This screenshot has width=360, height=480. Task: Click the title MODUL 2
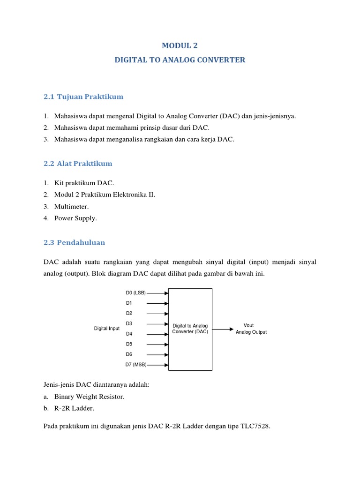(180, 45)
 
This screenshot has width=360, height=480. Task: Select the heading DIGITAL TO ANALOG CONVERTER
(180, 60)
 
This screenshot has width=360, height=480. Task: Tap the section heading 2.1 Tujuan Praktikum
(83, 97)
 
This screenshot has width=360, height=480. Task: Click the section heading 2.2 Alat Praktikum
(77, 164)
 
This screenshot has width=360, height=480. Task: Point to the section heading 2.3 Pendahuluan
(74, 242)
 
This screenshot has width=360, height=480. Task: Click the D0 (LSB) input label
(136, 293)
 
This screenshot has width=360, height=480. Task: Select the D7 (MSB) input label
(136, 365)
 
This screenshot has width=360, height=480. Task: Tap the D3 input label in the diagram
(129, 323)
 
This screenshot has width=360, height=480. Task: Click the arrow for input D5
(157, 345)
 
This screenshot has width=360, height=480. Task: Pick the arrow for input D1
(157, 303)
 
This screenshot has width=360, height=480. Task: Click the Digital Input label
(107, 329)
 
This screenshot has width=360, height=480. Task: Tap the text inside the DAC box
(190, 329)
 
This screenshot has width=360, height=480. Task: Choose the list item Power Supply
(75, 218)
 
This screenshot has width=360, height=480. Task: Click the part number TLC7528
(254, 427)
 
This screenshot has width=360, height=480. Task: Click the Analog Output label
(251, 332)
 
